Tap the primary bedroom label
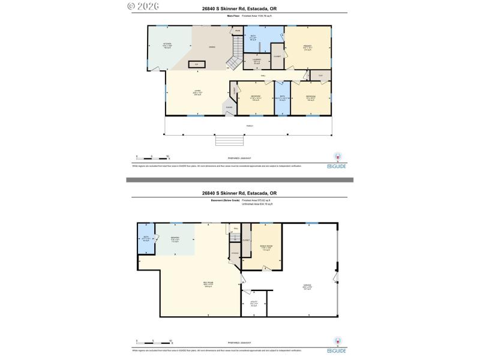click(x=307, y=47)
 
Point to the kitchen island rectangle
click(x=196, y=64)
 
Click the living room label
click(x=196, y=93)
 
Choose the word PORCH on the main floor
click(x=248, y=125)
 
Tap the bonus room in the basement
click(x=265, y=247)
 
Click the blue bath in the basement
click(x=146, y=239)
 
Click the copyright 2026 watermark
click(x=146, y=7)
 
